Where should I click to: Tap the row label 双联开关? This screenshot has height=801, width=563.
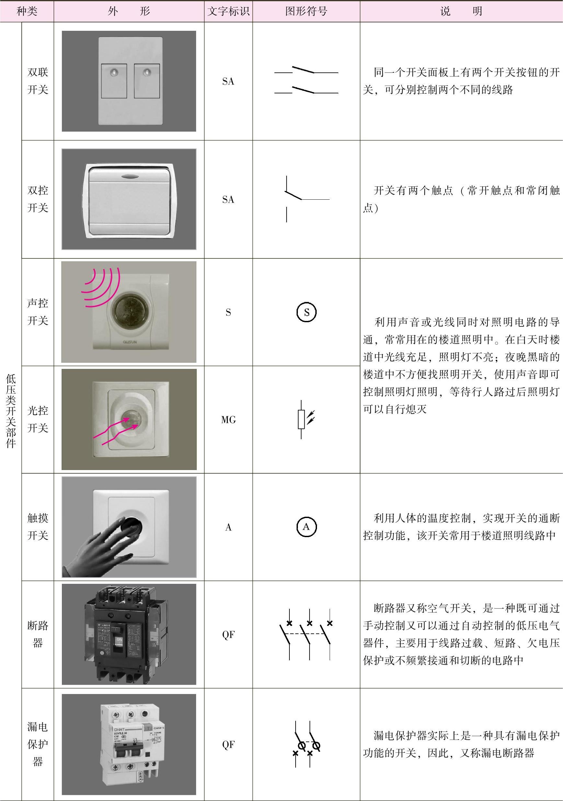click(x=38, y=81)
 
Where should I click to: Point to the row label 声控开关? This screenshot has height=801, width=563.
click(x=38, y=312)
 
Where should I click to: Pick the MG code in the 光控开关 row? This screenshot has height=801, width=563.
click(x=228, y=420)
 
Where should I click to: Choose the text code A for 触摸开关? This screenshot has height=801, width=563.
click(x=228, y=527)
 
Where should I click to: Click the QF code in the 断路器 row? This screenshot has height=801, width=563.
click(x=228, y=635)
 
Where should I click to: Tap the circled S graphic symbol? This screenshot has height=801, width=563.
click(x=306, y=312)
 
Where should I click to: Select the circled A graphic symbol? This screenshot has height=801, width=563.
click(x=306, y=527)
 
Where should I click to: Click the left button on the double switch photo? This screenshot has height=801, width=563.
click(x=114, y=81)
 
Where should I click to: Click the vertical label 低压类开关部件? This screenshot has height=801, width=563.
click(x=11, y=411)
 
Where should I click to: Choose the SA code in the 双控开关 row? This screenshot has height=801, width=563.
click(x=228, y=199)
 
